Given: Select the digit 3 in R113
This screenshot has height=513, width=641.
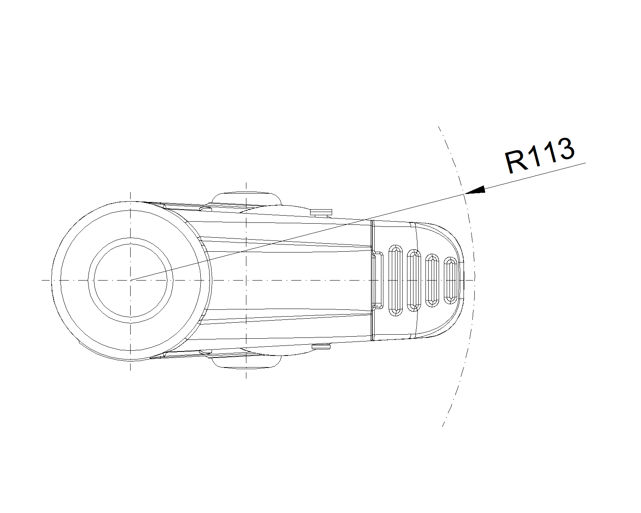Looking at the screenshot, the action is pos(564,149).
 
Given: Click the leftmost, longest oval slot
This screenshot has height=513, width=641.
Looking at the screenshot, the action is pos(396,281).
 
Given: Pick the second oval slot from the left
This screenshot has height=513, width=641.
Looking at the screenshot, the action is pos(414,281).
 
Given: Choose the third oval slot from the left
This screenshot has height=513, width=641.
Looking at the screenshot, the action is pos(432,281).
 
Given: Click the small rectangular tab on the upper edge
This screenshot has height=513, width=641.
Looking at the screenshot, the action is pos(321,212).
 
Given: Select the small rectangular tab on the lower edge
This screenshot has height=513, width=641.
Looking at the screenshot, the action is pos(321,347).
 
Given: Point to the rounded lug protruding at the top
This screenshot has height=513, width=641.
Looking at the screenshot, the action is pos(246,198).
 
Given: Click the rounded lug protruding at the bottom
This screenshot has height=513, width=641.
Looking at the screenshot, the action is pos(246,362).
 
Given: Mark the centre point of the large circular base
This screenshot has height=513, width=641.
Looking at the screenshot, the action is pos(131,280).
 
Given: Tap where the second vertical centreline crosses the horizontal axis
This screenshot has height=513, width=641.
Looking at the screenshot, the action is pos(246,280).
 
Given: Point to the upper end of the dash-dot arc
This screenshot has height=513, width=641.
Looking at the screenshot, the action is pos(438,126).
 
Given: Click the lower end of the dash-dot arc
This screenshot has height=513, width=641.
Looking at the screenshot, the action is pos(442,427).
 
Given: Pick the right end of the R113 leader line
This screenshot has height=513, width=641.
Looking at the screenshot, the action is pos(586,163).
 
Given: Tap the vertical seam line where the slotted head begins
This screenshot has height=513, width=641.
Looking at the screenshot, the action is pos(372,281).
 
